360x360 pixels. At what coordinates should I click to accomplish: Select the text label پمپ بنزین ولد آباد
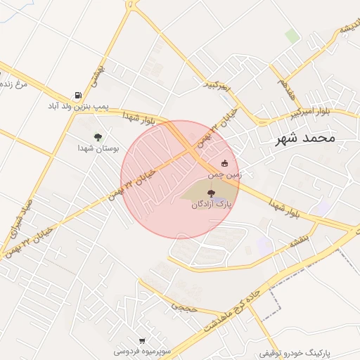pyautogui.click(x=79, y=105)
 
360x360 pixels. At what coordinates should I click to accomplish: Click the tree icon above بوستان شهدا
pyautogui.click(x=98, y=137)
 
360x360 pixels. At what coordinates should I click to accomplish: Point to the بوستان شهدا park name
pyautogui.click(x=99, y=148)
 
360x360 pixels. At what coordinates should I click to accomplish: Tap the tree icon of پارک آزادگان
pyautogui.click(x=210, y=193)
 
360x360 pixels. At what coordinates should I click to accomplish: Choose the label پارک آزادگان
pyautogui.click(x=211, y=204)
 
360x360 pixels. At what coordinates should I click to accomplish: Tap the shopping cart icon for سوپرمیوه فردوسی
pyautogui.click(x=143, y=340)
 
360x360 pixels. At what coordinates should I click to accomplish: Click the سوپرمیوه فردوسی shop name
pyautogui.click(x=143, y=349)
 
